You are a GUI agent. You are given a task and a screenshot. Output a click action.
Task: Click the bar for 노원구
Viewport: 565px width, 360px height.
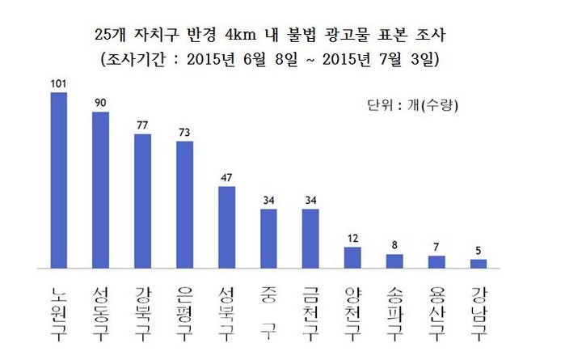pyautogui.click(x=58, y=180)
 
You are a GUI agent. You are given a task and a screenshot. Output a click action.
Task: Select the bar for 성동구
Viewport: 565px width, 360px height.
pyautogui.click(x=100, y=189)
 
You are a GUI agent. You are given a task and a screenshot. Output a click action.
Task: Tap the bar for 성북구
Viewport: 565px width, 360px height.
pyautogui.click(x=226, y=227)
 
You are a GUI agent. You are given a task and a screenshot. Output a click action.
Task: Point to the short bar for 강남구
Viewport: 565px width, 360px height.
pyautogui.click(x=479, y=264)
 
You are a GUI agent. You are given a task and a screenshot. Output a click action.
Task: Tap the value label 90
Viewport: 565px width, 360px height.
pyautogui.click(x=100, y=102)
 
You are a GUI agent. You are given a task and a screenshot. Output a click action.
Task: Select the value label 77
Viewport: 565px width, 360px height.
pyautogui.click(x=142, y=125)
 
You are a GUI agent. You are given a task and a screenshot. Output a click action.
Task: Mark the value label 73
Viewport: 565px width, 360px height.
pyautogui.click(x=184, y=132)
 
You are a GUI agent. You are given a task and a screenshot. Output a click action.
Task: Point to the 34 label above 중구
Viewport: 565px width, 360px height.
pyautogui.click(x=268, y=200)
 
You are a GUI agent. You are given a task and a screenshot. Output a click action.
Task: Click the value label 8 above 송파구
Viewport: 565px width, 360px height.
pyautogui.click(x=394, y=245)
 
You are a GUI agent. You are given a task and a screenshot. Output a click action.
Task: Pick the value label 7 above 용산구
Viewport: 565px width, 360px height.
pyautogui.click(x=436, y=247)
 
